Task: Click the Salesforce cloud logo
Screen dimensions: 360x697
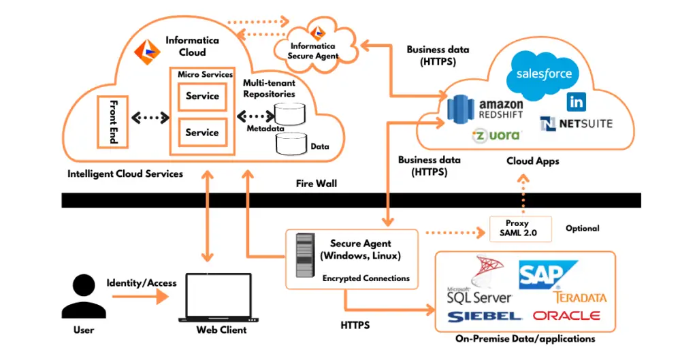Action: click(x=543, y=74)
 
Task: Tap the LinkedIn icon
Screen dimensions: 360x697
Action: click(x=576, y=102)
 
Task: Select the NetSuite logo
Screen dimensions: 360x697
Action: click(x=577, y=124)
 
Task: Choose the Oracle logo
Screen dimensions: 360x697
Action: click(x=566, y=316)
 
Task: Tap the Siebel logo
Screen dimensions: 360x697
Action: click(x=484, y=316)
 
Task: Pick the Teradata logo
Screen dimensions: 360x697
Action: click(x=581, y=297)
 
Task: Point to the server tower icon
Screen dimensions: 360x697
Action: click(x=306, y=255)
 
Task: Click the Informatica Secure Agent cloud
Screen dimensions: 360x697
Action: click(x=315, y=44)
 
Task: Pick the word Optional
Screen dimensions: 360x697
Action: click(x=582, y=229)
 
